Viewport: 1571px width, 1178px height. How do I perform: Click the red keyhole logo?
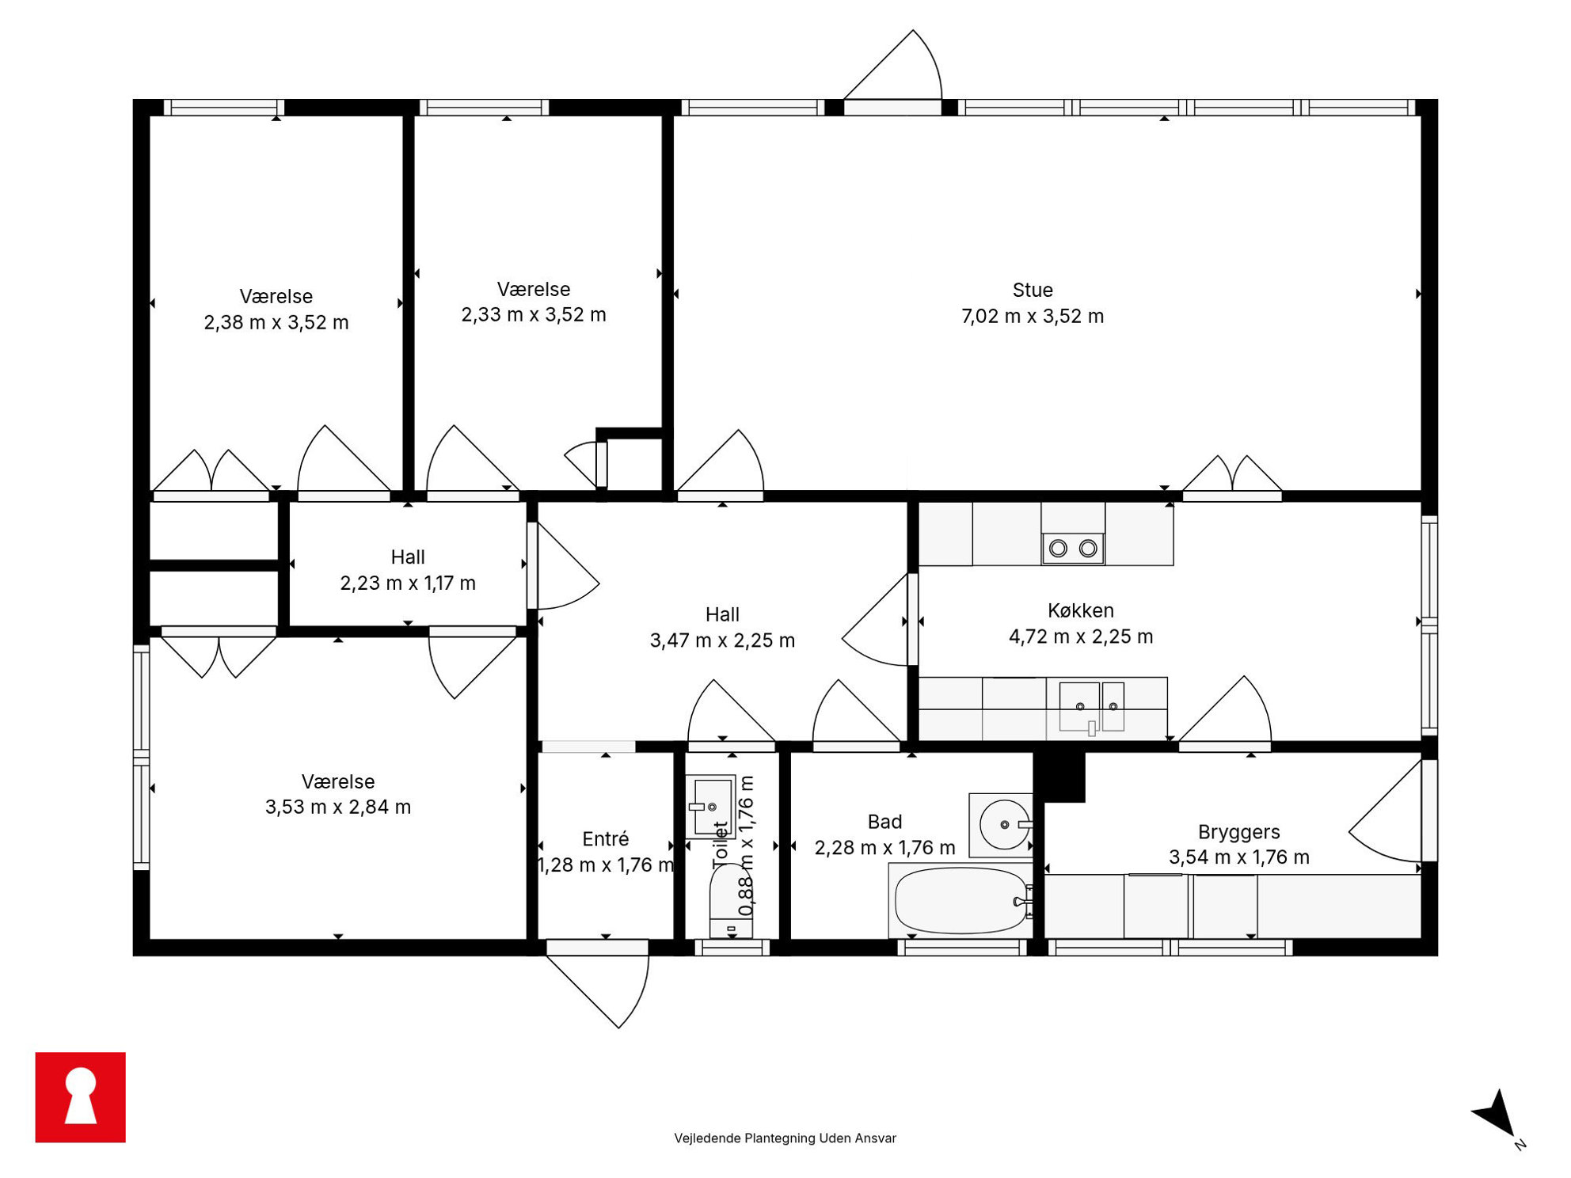point(80,1096)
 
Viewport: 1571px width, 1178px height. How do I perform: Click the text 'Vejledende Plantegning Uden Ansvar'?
point(785,1138)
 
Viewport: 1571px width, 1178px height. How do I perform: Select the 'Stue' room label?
point(1033,290)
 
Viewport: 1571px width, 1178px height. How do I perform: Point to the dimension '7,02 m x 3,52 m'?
point(1033,317)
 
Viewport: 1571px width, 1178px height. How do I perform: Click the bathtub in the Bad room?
point(961,901)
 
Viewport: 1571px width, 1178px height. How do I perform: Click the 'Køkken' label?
point(1080,610)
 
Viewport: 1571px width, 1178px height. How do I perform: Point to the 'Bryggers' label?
point(1238,832)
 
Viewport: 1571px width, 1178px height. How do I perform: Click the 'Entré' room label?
point(605,838)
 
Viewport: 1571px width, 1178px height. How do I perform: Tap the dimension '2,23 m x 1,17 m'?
point(408,583)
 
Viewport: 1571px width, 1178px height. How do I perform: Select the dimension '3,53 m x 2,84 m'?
point(338,807)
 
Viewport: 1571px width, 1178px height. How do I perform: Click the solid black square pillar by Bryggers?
point(1059,777)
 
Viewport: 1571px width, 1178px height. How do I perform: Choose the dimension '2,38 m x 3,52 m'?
point(276,323)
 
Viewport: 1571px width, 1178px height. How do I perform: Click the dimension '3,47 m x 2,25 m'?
point(722,640)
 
